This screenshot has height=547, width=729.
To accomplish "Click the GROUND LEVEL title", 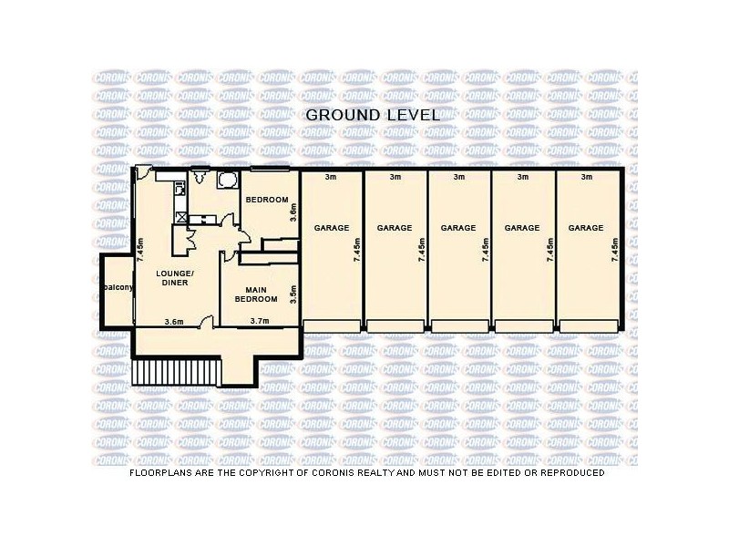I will coord(372,115).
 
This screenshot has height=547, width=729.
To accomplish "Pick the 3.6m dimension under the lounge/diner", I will coord(174,320).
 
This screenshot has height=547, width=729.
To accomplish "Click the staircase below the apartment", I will coord(178,372).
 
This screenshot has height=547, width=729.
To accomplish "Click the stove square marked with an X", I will coord(182,217).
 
